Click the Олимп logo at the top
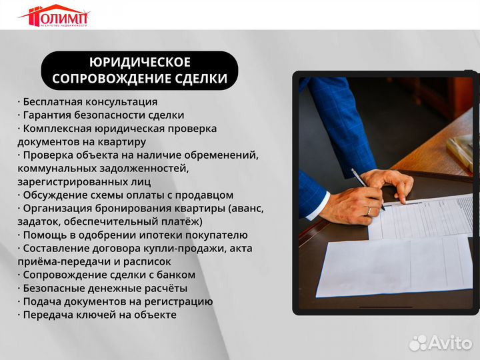tap(54, 15)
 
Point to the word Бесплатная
tap(53, 102)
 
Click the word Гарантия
tap(47, 115)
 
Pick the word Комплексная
tap(57, 129)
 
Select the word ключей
tap(93, 315)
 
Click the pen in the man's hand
tap(367, 187)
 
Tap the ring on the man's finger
tap(369, 211)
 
